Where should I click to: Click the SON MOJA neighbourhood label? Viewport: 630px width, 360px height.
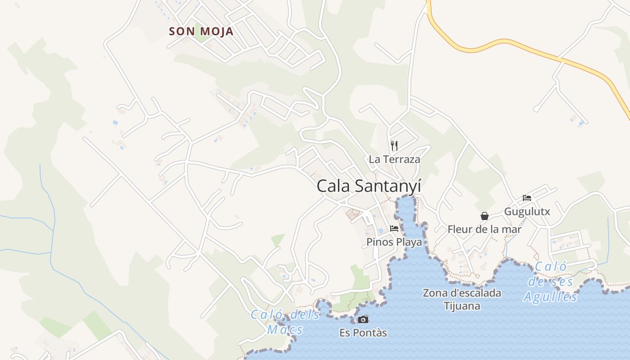click(x=201, y=31)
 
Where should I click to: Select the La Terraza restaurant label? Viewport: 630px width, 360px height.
click(x=394, y=159)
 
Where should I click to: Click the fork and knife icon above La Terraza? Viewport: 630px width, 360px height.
click(x=394, y=145)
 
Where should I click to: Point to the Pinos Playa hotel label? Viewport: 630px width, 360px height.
click(x=394, y=242)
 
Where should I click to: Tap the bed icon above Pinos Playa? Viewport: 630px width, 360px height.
click(x=394, y=229)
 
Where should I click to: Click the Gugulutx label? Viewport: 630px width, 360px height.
click(x=527, y=211)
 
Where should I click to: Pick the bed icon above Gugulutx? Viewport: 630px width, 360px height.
click(x=527, y=198)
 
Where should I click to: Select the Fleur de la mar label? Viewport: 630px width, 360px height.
click(x=484, y=229)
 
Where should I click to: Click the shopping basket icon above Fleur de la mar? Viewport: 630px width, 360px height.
click(x=485, y=216)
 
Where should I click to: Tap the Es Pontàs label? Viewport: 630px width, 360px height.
click(x=363, y=333)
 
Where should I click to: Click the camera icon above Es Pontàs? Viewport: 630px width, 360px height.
click(x=363, y=319)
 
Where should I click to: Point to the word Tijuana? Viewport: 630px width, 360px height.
click(x=462, y=306)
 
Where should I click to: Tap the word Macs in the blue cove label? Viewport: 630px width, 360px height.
click(x=285, y=330)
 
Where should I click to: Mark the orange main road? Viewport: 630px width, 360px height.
click(x=495, y=43)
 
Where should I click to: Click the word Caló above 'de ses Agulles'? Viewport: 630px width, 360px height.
click(x=550, y=267)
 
